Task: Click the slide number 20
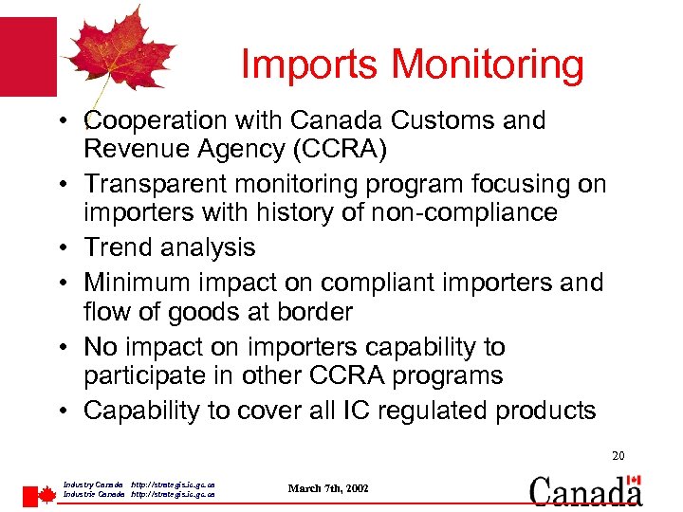pyautogui.click(x=618, y=457)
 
